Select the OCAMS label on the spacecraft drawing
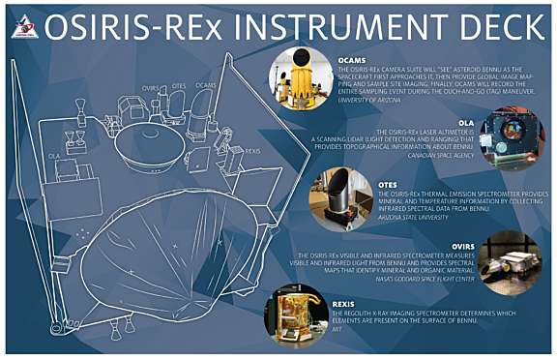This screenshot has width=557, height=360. (x=206, y=86)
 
